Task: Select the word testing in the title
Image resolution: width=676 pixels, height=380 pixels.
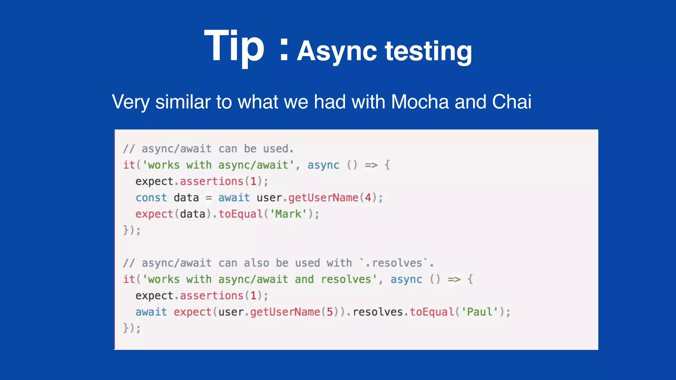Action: (428, 51)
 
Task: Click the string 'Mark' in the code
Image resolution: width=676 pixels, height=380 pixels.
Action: (288, 214)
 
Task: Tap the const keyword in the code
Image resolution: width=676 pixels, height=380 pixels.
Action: (151, 198)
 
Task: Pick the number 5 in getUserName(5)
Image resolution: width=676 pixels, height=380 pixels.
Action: (329, 312)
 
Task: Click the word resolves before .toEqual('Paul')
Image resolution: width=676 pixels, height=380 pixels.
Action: (378, 312)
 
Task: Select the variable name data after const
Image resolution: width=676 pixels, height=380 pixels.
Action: (186, 198)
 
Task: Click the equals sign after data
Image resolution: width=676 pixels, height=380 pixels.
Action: (209, 198)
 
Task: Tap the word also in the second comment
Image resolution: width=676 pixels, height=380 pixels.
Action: (256, 263)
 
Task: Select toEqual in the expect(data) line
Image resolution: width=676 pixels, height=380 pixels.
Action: (240, 214)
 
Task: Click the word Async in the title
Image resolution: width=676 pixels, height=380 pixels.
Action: (337, 51)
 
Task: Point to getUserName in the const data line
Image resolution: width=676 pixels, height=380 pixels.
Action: (323, 198)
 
